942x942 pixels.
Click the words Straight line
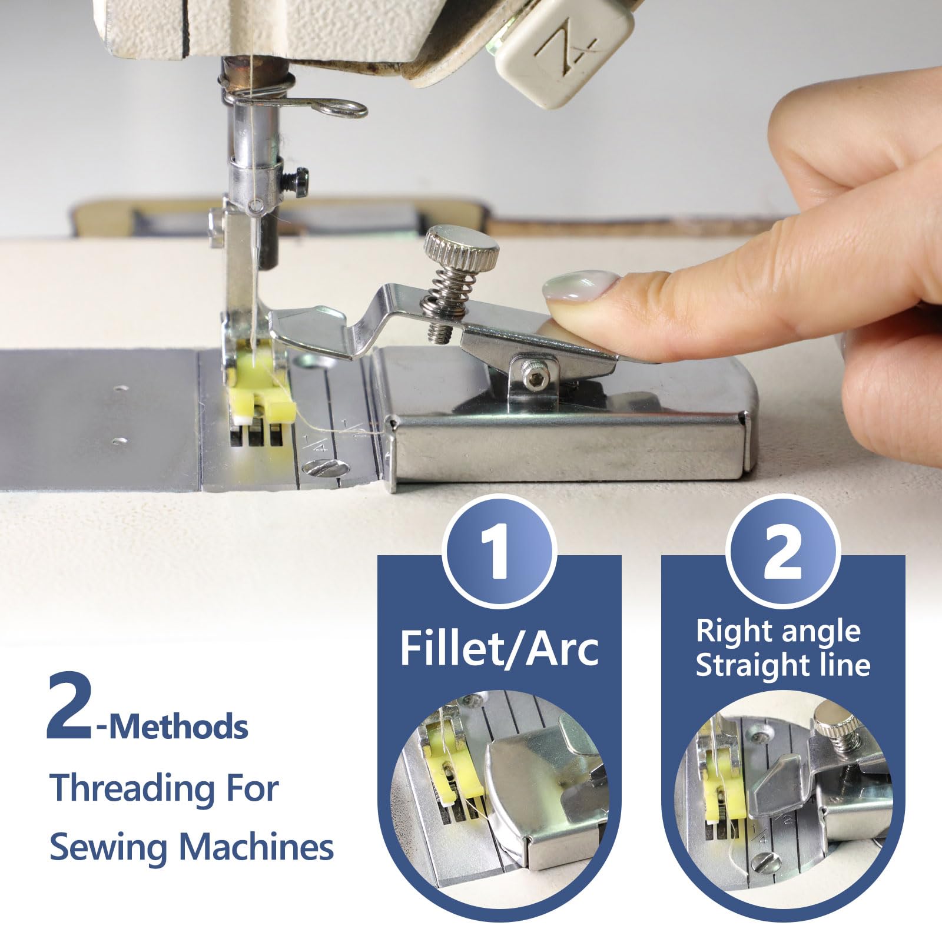tap(783, 665)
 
